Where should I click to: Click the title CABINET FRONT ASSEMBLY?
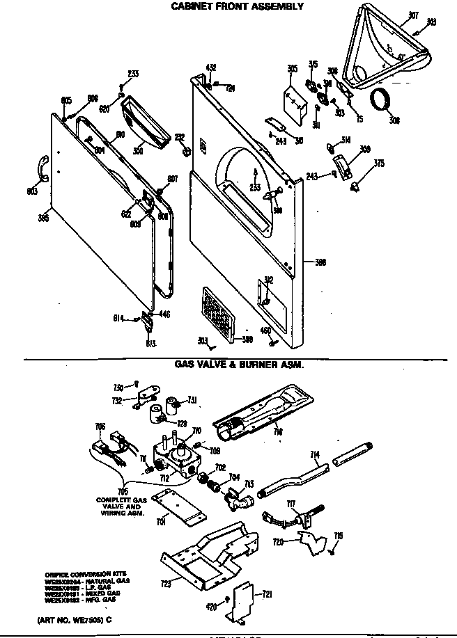pos(238,6)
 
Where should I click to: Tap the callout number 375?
pos(379,164)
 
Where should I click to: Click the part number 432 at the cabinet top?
pos(211,67)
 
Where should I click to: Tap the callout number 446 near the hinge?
pos(165,314)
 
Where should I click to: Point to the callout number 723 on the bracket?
pos(165,584)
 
